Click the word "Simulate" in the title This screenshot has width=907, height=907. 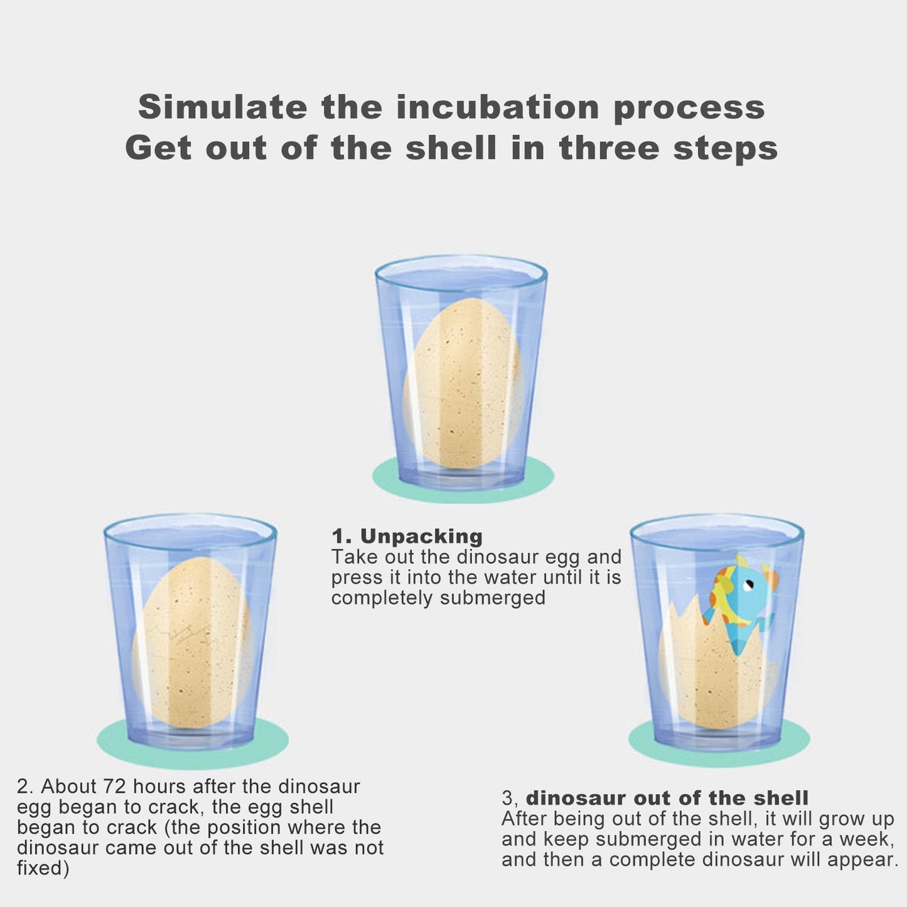coord(223,107)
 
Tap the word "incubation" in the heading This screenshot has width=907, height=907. coord(498,107)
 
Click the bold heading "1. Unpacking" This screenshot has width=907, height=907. coord(407,536)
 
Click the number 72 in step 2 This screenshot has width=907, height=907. coord(115,786)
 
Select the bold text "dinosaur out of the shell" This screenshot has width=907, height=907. coord(667,798)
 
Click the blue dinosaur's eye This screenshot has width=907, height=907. coord(748,585)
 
